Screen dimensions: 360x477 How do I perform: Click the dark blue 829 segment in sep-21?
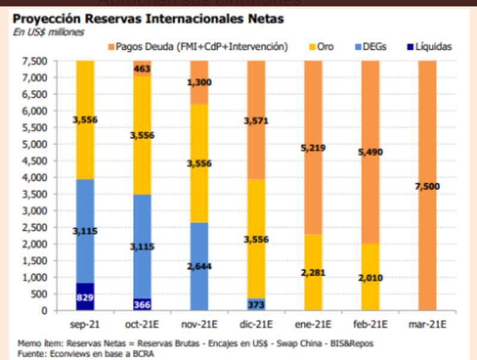[x=85, y=296]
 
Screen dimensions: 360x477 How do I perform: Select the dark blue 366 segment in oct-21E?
[x=142, y=303]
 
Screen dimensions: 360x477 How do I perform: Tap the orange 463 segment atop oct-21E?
[x=142, y=68]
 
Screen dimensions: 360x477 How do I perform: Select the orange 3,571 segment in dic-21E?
[x=256, y=120]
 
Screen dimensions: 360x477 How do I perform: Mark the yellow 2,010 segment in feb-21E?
[x=370, y=277]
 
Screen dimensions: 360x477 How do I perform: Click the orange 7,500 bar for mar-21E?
[x=427, y=186]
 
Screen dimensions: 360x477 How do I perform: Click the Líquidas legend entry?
[x=428, y=46]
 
